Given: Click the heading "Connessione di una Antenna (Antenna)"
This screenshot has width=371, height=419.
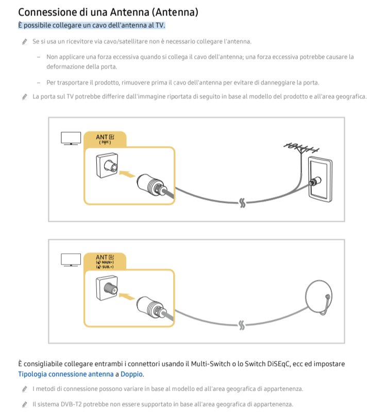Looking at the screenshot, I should tap(108, 11).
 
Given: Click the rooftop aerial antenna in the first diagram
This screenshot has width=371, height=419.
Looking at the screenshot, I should tap(300, 148).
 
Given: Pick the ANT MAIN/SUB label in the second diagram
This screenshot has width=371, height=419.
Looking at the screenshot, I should tap(105, 261).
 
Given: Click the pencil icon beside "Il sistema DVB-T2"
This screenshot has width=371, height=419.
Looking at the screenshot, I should tap(24, 405).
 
